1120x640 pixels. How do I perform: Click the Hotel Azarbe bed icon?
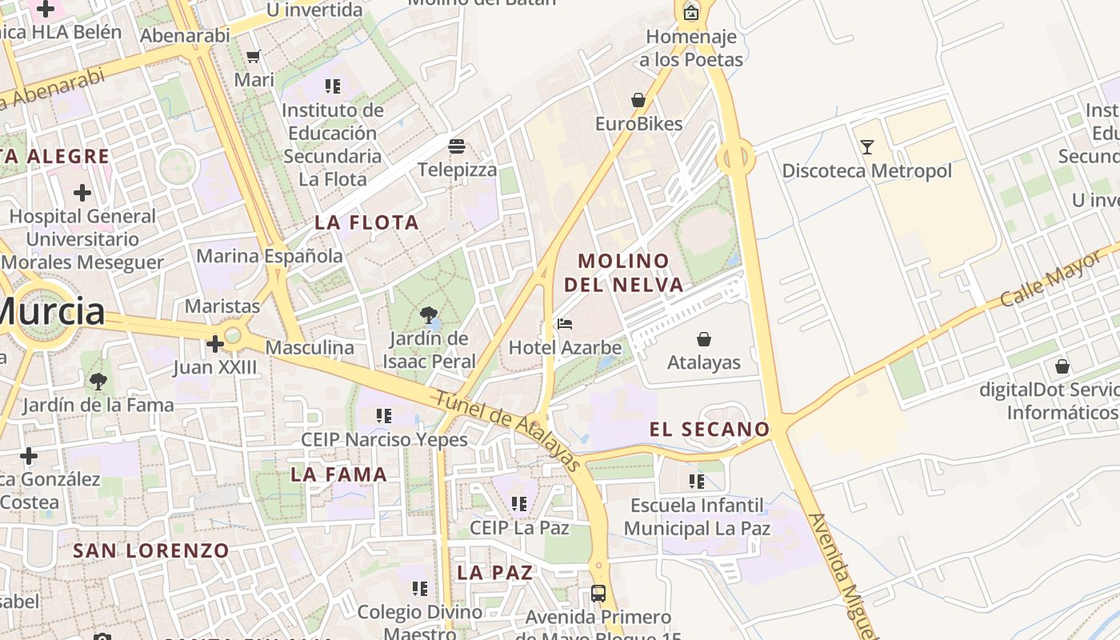[x=565, y=324]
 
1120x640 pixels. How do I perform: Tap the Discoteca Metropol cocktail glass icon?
[x=866, y=147]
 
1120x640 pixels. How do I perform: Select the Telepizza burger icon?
[x=457, y=146]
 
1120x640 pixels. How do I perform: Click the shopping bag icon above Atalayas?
[x=704, y=339]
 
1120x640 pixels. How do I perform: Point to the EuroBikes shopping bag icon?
[x=638, y=100]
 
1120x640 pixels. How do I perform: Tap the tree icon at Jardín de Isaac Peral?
[x=429, y=314]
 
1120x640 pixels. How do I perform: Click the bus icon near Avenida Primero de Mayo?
[x=598, y=593]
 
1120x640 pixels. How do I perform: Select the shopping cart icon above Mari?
[x=254, y=56]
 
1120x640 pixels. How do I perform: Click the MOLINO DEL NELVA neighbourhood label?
[x=623, y=272]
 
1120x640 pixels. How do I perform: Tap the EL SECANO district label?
[x=709, y=430]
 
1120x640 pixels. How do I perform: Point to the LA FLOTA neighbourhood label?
[x=366, y=222]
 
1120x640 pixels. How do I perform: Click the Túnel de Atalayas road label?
[x=506, y=430]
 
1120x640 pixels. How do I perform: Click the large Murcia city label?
[x=50, y=311]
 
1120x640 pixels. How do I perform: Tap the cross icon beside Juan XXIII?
[x=214, y=345]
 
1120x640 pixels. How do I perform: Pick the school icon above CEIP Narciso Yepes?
[x=384, y=416]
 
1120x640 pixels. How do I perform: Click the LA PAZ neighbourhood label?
[x=494, y=573]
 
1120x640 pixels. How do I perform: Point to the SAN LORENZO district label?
[x=151, y=550]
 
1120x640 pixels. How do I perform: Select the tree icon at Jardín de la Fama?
[x=98, y=382]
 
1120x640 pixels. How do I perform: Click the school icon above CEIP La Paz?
[x=519, y=504]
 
